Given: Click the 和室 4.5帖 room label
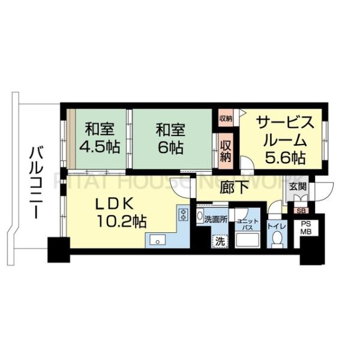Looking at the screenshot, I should [100, 137].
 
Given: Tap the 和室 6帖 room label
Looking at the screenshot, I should [171, 137].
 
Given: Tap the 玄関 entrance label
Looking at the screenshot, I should [298, 187].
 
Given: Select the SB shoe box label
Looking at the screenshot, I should [298, 210].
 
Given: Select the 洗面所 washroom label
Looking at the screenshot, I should [215, 220].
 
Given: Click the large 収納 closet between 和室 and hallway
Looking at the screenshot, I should [226, 149].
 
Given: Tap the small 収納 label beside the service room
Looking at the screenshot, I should [225, 118].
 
